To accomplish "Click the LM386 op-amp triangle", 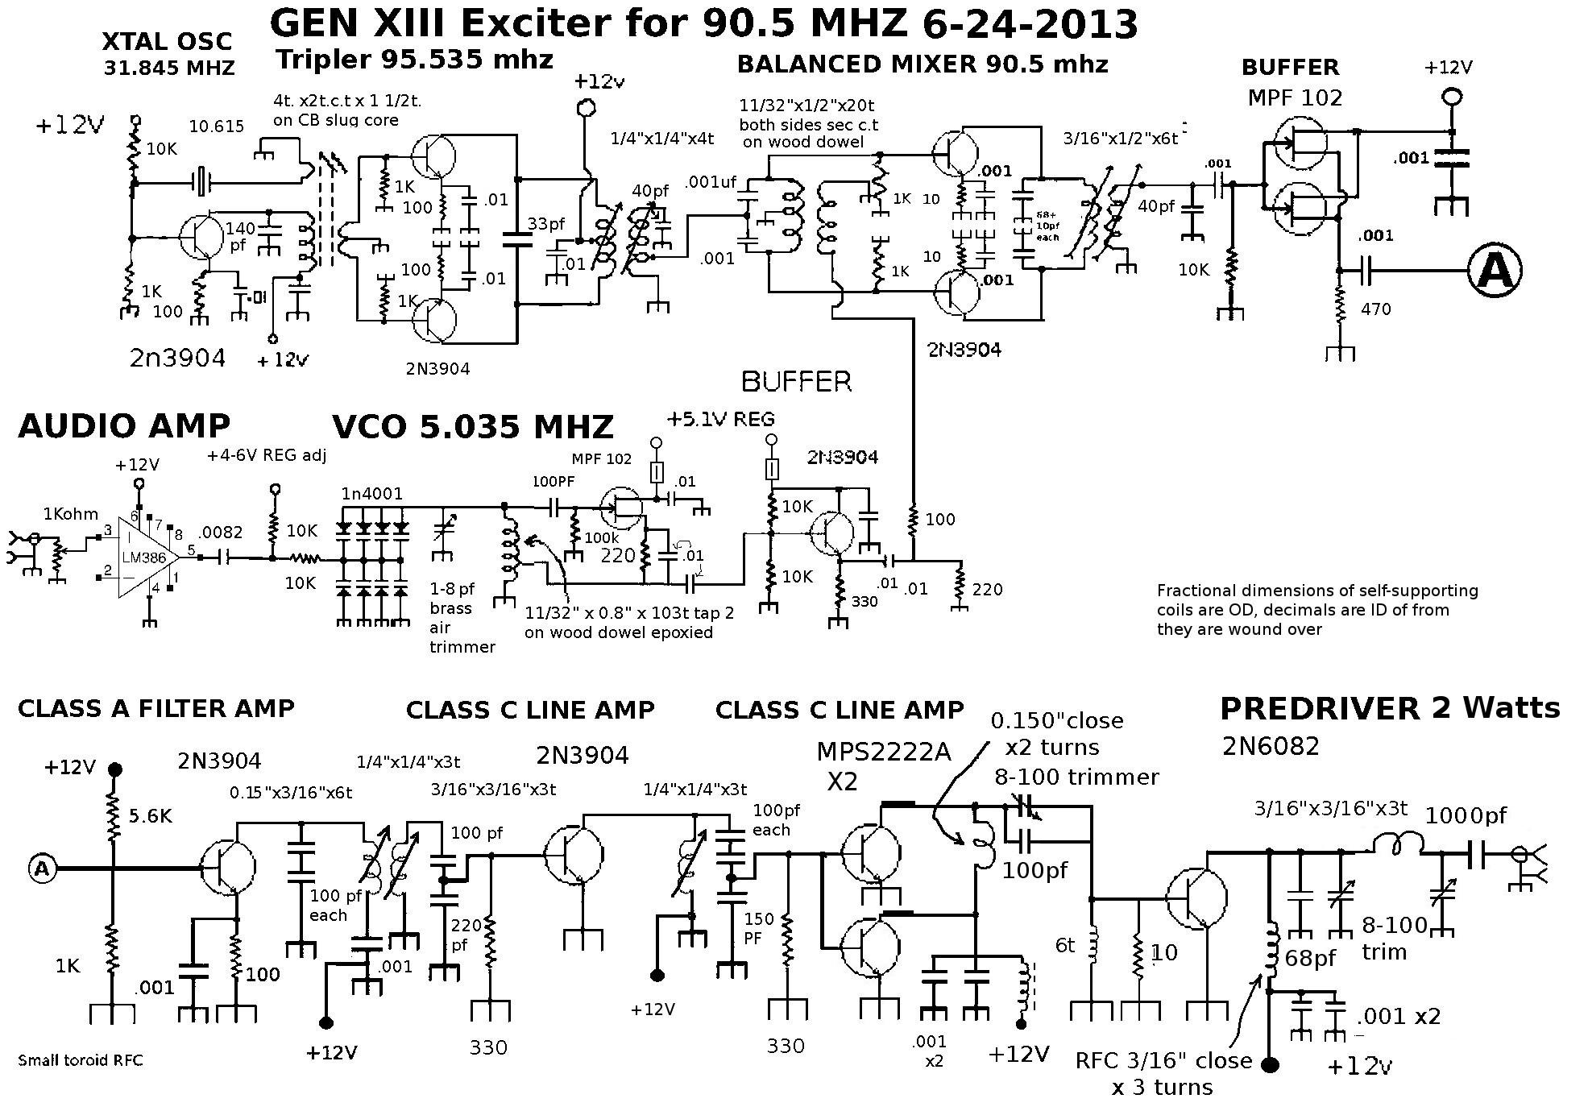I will coord(145,557).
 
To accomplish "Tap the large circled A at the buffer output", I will coord(1495,271).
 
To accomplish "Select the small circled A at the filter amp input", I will coord(43,868).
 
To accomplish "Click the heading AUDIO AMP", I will coord(124,426).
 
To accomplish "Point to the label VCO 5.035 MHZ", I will coord(473,427).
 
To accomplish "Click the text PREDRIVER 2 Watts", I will coord(1389,708).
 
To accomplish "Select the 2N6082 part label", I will coord(1271,746).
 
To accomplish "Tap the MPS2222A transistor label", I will coord(883,752).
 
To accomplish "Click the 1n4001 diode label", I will coord(371,493).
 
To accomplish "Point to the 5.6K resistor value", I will coord(149,817).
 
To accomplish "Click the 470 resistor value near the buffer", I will coord(1376,309).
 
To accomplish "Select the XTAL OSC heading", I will coord(167,41).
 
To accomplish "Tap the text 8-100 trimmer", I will coord(1076,777).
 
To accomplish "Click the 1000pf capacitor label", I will coord(1466,816).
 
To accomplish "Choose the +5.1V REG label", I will coord(720,419).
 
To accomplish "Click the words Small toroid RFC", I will coord(80,1060).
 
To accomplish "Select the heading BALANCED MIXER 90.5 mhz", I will coord(923,64).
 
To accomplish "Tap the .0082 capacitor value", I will coord(221,532).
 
